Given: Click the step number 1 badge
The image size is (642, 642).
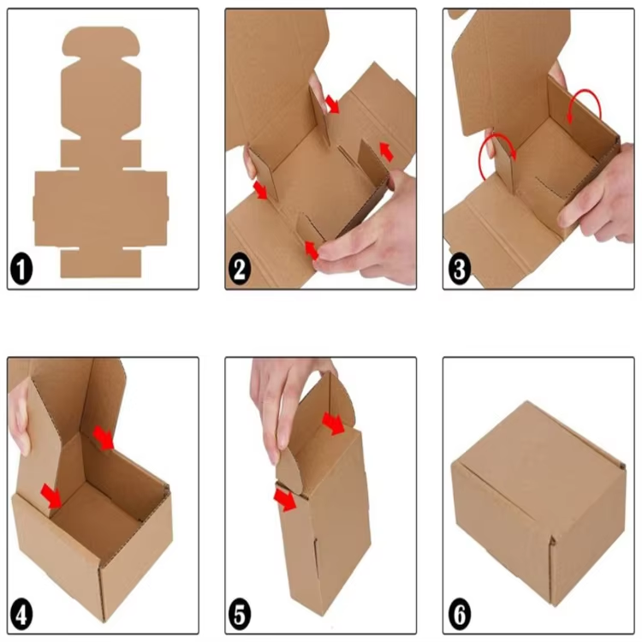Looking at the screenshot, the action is point(21,269).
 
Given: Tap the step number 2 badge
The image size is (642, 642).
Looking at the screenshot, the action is point(240,269).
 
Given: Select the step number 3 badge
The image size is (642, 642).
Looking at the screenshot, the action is point(460,269).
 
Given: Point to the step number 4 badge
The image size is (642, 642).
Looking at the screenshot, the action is point(21,615).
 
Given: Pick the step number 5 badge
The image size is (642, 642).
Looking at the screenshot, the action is point(240,615).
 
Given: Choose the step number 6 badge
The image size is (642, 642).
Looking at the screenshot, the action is point(460,615).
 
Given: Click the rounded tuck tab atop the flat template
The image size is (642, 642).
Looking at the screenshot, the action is point(101,41).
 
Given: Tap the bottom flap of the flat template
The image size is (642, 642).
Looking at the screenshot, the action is point(101,263).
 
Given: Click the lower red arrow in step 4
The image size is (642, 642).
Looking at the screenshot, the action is point(51,495).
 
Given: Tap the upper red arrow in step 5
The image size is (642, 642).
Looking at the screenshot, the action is point(333,424).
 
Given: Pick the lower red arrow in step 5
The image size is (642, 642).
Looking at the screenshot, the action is point(285,499).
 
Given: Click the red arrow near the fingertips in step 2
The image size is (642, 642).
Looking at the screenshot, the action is point(312,250).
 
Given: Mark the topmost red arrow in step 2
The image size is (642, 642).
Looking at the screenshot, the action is point(332,104).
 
